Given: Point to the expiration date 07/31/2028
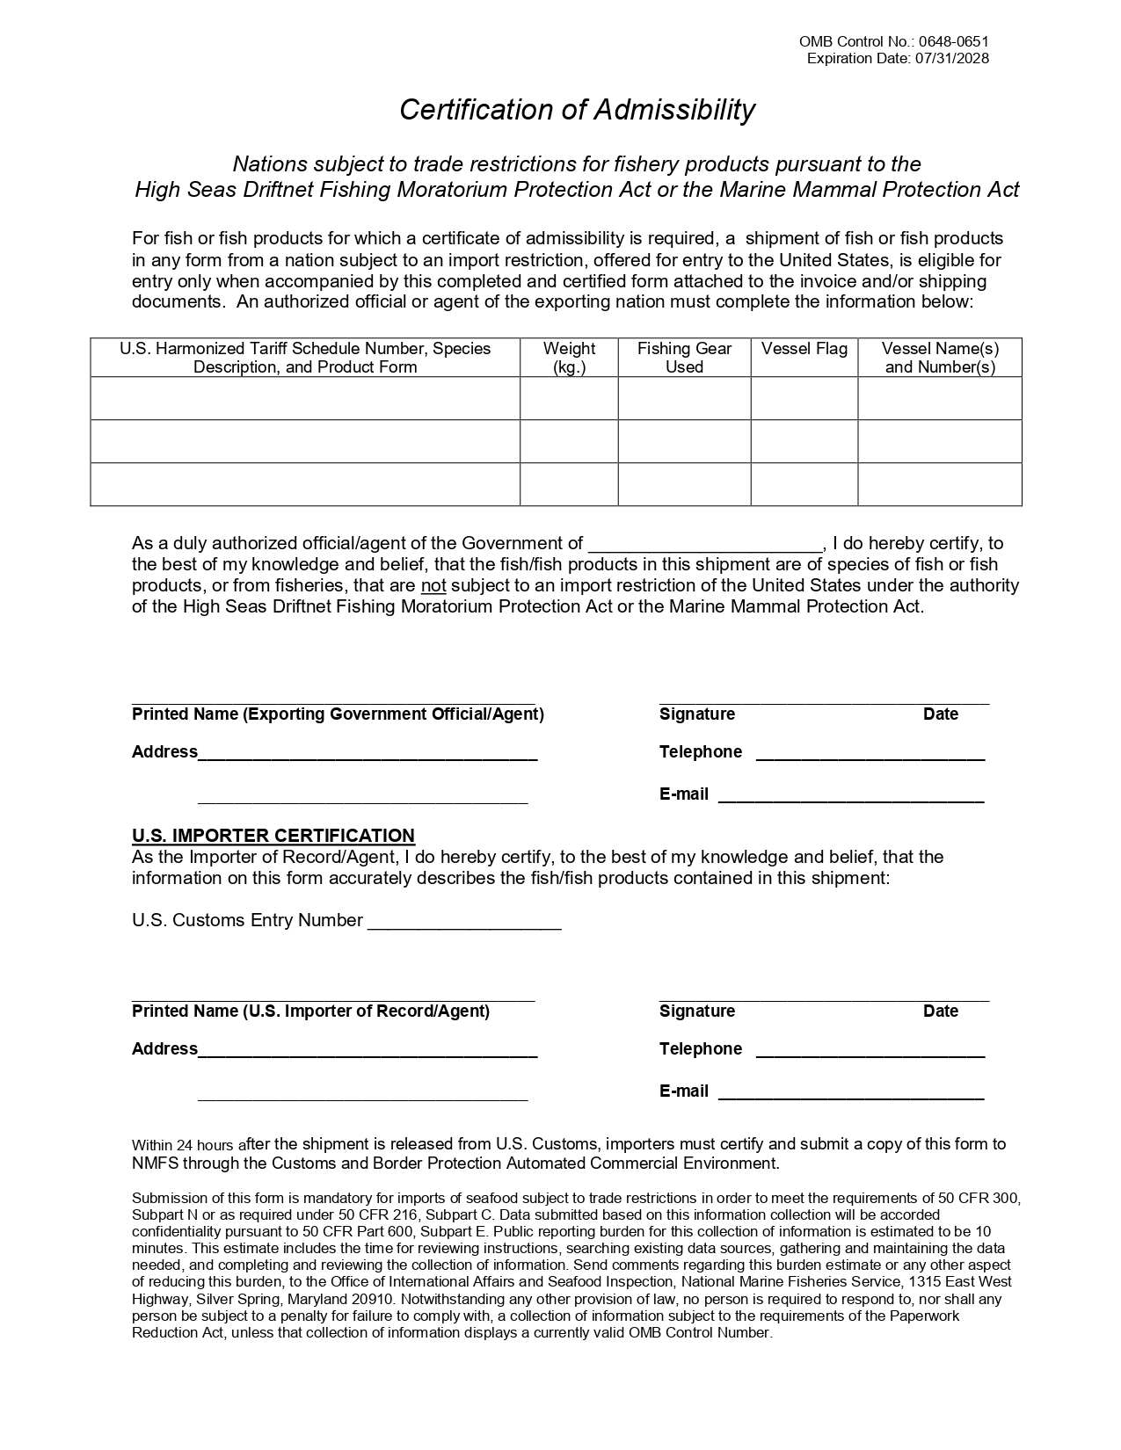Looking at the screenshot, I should [x=951, y=59].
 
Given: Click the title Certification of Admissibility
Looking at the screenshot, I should [x=577, y=110].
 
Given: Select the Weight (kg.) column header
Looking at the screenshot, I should [x=569, y=358].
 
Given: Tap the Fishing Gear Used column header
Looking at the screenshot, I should [x=684, y=358].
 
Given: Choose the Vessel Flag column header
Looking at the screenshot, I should [x=804, y=349].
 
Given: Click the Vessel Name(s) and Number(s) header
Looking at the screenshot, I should [x=940, y=358].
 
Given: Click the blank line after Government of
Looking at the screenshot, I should [x=704, y=545].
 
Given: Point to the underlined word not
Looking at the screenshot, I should [x=433, y=586].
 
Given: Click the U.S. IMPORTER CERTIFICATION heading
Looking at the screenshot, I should [x=273, y=836].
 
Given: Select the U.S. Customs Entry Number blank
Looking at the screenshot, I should [x=464, y=923].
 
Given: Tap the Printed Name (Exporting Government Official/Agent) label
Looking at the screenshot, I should [x=338, y=714].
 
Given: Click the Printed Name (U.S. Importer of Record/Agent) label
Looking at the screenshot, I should [x=310, y=1011].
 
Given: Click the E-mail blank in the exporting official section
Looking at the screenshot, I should [x=850, y=796].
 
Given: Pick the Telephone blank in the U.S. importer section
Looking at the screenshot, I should [x=870, y=1051].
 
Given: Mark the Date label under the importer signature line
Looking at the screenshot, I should [x=940, y=1011].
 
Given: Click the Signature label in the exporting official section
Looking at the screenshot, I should [x=696, y=714].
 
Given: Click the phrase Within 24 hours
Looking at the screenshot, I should [x=182, y=1146].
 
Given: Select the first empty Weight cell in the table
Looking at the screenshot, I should [x=569, y=399].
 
